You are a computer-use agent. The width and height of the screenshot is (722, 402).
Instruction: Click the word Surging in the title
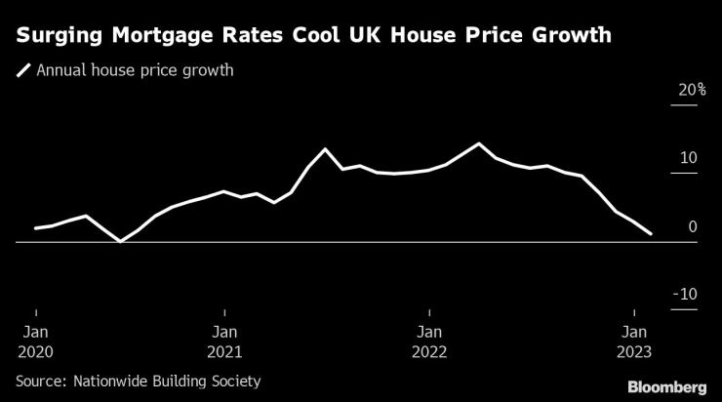(x=60, y=37)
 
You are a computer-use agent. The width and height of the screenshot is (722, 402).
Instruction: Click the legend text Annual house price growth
(x=135, y=70)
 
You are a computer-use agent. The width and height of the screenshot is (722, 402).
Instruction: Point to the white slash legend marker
(x=23, y=70)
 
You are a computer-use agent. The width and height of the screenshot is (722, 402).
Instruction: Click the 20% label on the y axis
(x=693, y=90)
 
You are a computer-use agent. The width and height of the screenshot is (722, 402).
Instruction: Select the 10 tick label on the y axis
(x=688, y=158)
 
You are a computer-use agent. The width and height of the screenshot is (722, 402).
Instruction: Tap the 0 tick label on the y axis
(x=693, y=226)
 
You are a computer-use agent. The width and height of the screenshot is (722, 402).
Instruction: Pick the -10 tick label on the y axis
(x=686, y=295)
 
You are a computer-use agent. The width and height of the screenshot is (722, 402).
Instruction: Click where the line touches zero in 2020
(x=120, y=241)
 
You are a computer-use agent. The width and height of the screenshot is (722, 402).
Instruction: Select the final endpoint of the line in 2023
(x=651, y=234)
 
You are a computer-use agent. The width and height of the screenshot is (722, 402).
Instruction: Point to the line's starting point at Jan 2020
(x=36, y=228)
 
